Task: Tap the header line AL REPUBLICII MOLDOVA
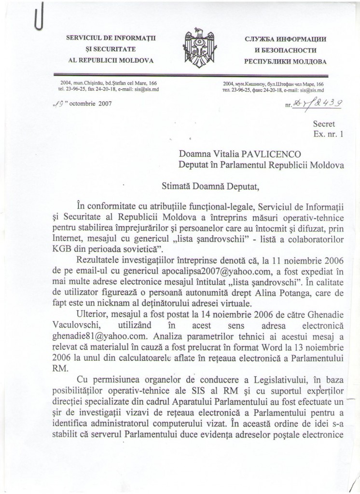point(111,61)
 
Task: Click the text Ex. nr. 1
point(327,136)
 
